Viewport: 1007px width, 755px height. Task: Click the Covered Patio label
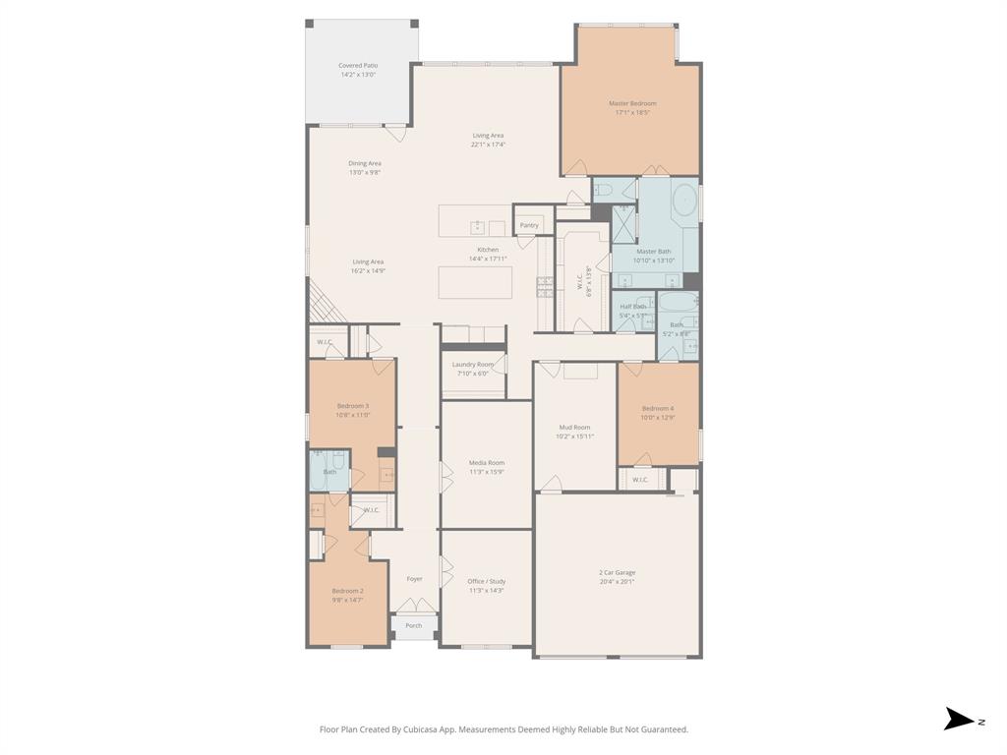[x=359, y=66]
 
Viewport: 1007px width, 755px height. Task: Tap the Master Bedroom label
[x=632, y=103]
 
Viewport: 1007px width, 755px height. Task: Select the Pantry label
[x=529, y=225]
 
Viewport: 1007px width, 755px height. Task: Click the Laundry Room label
[x=473, y=365]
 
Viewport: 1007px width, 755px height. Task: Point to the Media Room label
[x=486, y=463]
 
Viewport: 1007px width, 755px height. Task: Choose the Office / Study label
[x=486, y=582]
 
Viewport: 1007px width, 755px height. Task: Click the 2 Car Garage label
[x=617, y=572]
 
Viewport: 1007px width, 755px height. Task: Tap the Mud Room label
[x=574, y=428]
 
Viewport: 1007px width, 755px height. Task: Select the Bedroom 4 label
[x=658, y=408]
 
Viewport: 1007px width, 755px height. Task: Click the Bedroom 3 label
[x=353, y=406]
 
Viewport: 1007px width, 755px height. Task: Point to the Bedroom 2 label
[x=347, y=591]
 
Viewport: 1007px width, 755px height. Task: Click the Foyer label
[x=415, y=579]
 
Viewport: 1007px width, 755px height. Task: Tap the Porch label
[x=414, y=625]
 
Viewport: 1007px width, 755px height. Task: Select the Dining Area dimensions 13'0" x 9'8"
[x=364, y=172]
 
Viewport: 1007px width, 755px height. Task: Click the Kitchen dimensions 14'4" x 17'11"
[x=488, y=259]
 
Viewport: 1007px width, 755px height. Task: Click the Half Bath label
[x=632, y=307]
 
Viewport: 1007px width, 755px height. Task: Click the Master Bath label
[x=654, y=252]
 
